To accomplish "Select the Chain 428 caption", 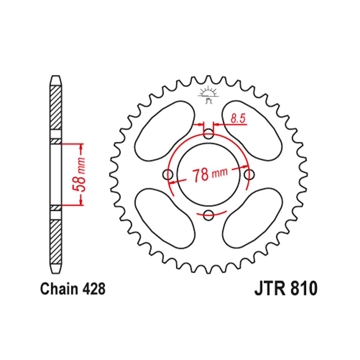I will point(73,289).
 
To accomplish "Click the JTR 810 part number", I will point(286,289).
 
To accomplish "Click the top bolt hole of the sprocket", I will point(208,135).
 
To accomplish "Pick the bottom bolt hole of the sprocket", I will point(208,215).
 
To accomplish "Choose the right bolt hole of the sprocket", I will point(248,175).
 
